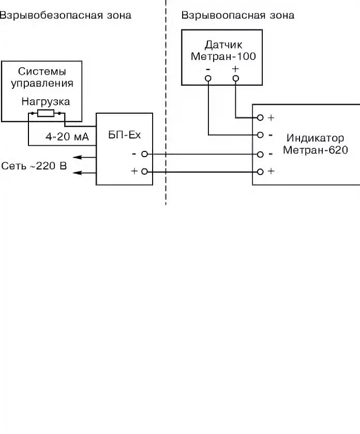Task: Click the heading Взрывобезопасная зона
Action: [x=65, y=16]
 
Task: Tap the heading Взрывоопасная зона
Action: [x=238, y=16]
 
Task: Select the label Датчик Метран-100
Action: [x=223, y=51]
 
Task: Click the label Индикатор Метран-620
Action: [x=316, y=144]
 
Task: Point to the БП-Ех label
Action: [x=125, y=135]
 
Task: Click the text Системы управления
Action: [x=42, y=78]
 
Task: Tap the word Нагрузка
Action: [x=46, y=102]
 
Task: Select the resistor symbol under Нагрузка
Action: [x=46, y=113]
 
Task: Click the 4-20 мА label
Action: [x=67, y=137]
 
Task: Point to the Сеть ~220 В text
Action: [x=34, y=166]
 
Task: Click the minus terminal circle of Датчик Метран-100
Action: [x=208, y=79]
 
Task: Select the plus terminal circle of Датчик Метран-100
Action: [x=235, y=79]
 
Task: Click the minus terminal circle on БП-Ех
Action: [x=144, y=154]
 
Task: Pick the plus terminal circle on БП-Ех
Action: [x=144, y=172]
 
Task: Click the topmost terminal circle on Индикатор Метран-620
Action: [x=260, y=118]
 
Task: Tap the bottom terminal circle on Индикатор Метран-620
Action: [x=260, y=172]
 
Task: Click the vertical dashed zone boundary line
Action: [x=166, y=102]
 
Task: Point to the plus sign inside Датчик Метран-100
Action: [x=235, y=69]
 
